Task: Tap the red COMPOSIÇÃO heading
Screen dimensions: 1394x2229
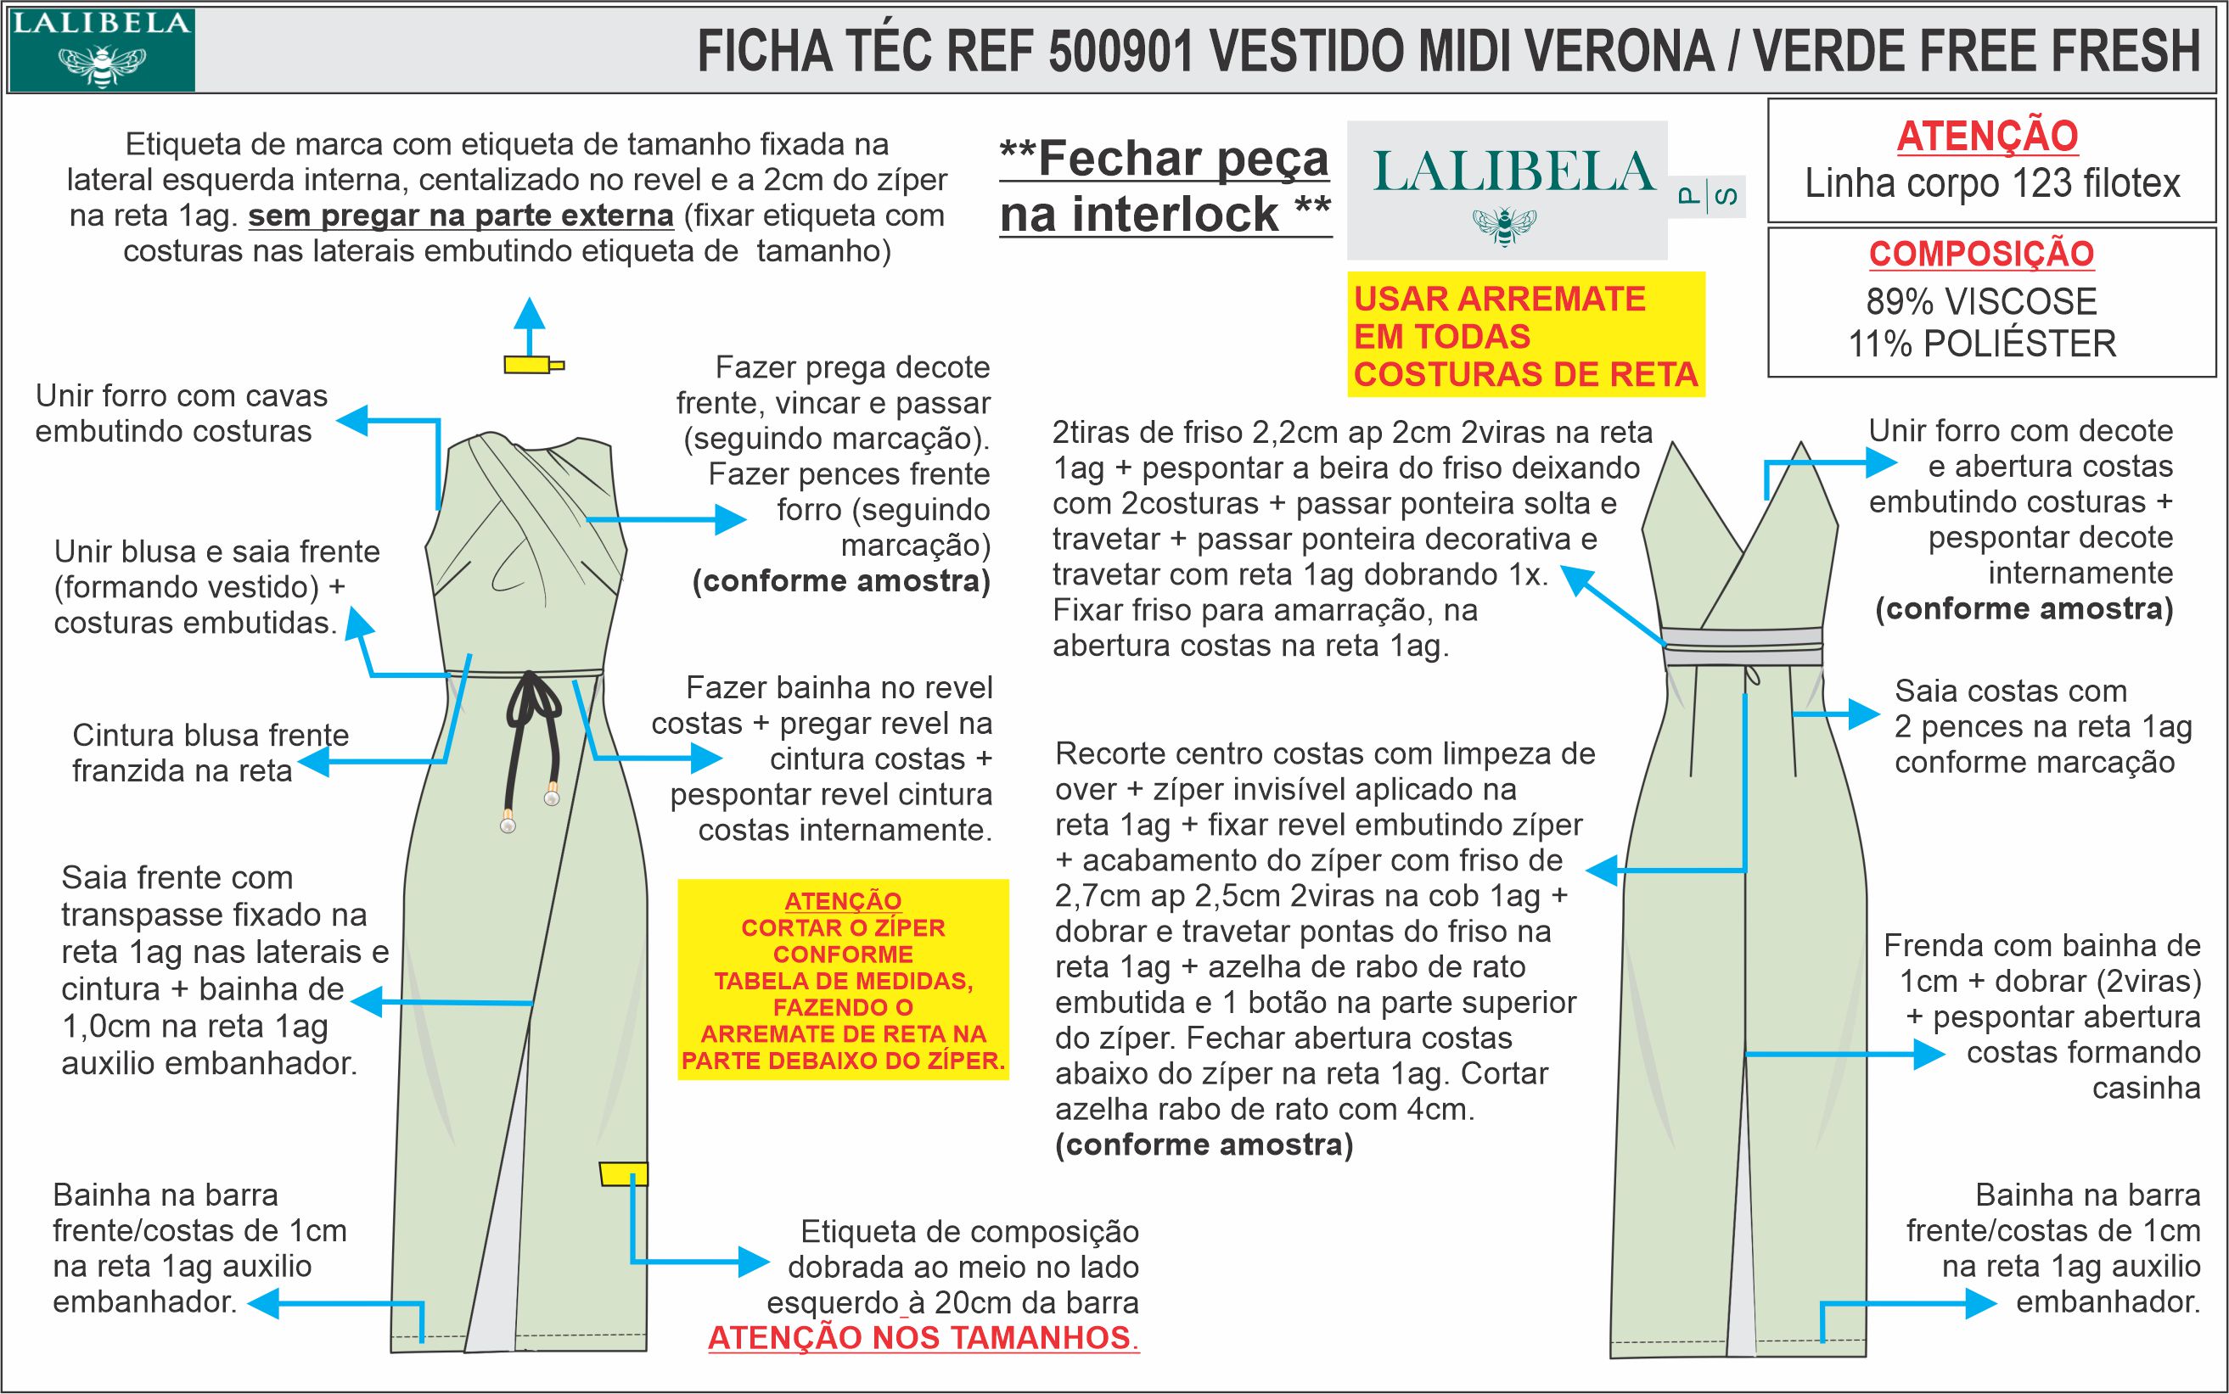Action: pos(1982,255)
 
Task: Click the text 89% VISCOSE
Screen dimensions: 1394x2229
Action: pos(1981,302)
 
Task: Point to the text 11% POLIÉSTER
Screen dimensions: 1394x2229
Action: pos(1982,344)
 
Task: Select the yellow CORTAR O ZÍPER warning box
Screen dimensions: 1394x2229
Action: pos(843,980)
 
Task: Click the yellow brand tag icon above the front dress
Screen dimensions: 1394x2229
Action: pos(533,365)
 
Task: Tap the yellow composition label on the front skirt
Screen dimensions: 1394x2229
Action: pos(623,1174)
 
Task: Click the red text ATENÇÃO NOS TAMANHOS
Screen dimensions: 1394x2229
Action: pos(922,1338)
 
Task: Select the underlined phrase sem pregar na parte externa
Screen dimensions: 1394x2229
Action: pos(461,216)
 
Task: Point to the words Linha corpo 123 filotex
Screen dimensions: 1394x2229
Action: pos(1992,183)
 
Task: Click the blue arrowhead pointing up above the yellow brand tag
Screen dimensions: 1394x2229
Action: pos(530,312)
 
